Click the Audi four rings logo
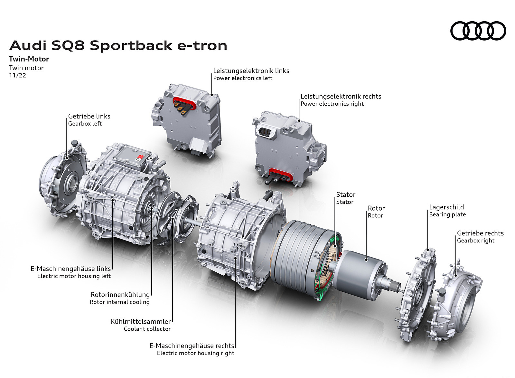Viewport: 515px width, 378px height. pos(478,31)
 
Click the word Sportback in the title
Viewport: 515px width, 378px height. pos(131,45)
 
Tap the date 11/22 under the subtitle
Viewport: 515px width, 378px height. pos(17,75)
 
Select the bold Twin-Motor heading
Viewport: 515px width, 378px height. pos(29,59)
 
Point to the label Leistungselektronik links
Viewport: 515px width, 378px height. pos(251,71)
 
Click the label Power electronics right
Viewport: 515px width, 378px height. pos(332,104)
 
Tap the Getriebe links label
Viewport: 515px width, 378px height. pos(89,116)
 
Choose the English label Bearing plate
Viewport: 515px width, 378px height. pos(447,214)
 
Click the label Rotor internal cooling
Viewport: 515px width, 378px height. pos(119,302)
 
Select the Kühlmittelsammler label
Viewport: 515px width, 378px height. pos(141,321)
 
